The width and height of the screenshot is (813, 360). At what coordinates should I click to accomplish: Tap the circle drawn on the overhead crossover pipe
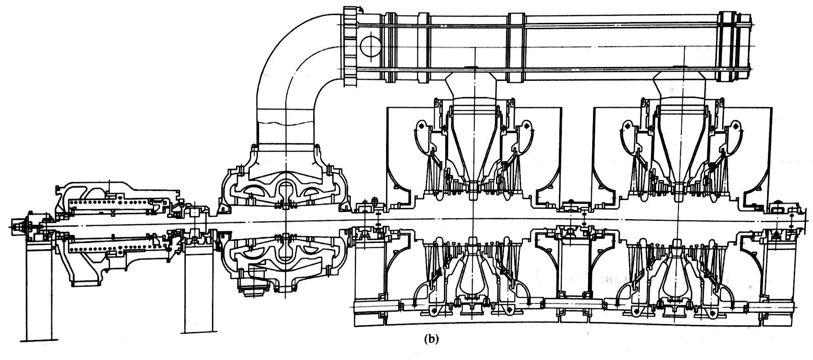(370, 46)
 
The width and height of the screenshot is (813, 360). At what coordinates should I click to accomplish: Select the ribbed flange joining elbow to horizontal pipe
(351, 46)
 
